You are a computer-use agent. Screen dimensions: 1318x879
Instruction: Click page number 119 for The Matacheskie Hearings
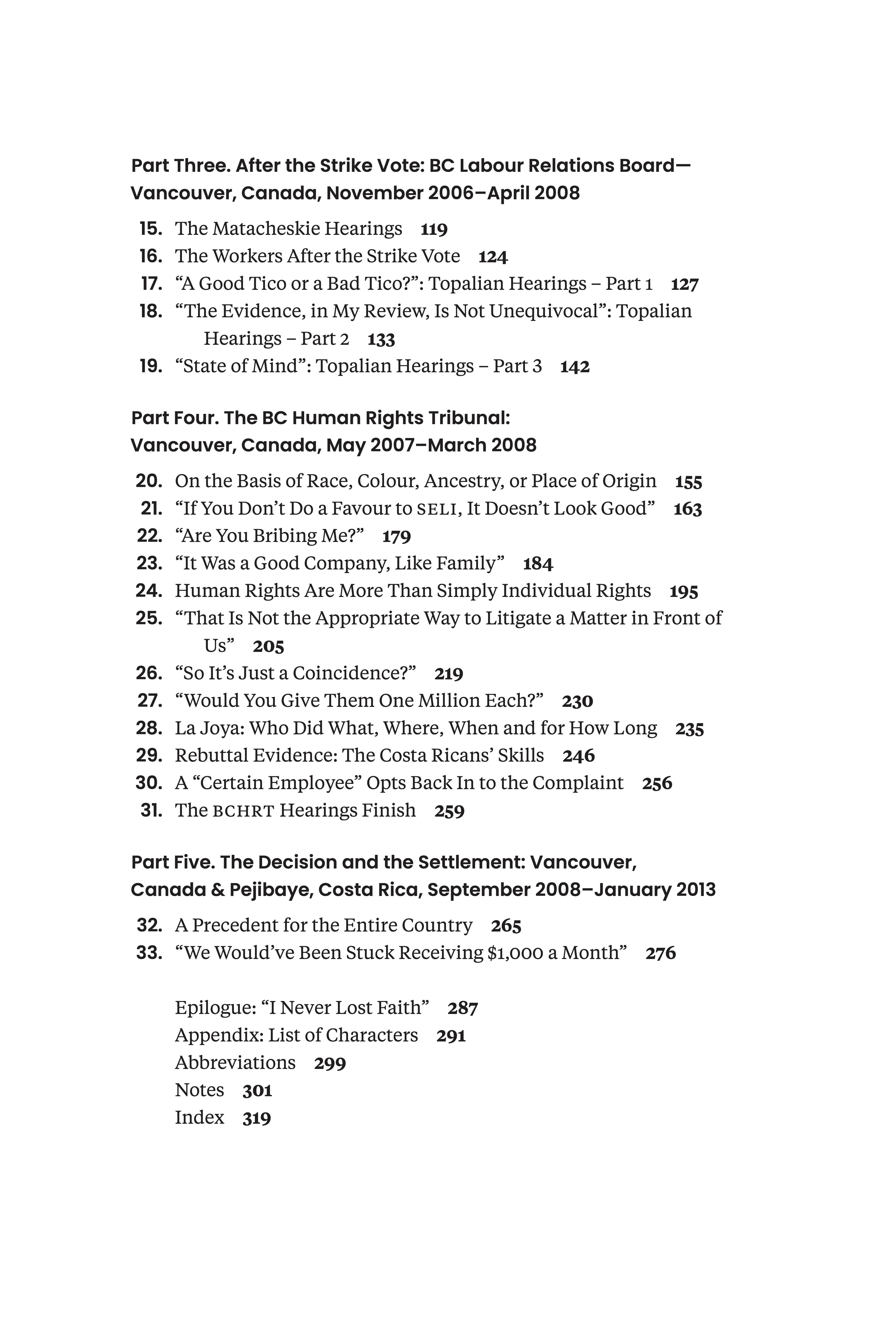click(434, 229)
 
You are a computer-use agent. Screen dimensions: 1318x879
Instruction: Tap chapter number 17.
click(151, 284)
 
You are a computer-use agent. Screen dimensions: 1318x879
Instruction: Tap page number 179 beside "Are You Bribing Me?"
click(396, 536)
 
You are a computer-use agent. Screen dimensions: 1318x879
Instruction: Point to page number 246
click(579, 756)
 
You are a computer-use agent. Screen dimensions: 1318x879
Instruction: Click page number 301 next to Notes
click(257, 1090)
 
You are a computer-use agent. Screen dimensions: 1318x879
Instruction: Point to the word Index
click(199, 1117)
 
